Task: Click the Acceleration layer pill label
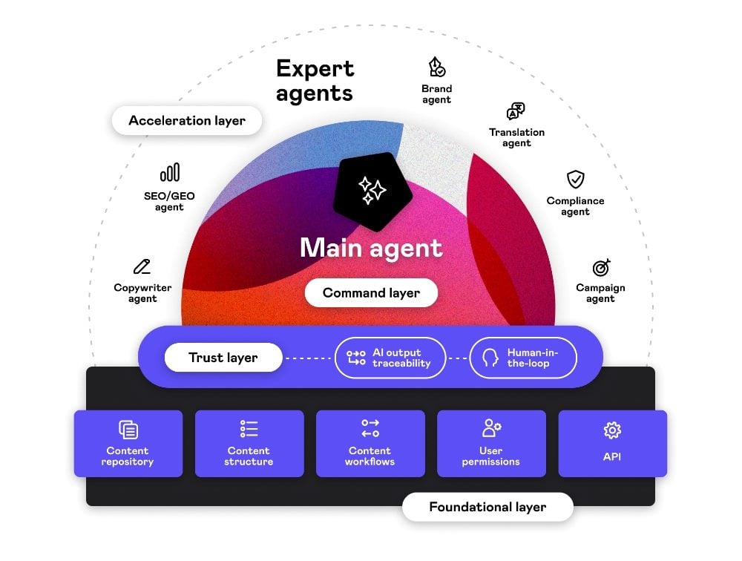pyautogui.click(x=187, y=120)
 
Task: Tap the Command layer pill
pyautogui.click(x=371, y=292)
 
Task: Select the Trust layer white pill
pyautogui.click(x=223, y=358)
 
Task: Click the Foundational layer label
pyautogui.click(x=487, y=508)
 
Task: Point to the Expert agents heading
pyautogui.click(x=315, y=81)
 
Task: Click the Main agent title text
pyautogui.click(x=371, y=248)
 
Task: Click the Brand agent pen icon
pyautogui.click(x=437, y=68)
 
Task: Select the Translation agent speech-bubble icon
pyautogui.click(x=516, y=111)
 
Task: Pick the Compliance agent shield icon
pyautogui.click(x=575, y=179)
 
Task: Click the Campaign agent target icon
pyautogui.click(x=600, y=267)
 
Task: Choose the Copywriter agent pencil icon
pyautogui.click(x=142, y=266)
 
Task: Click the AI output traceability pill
pyautogui.click(x=390, y=358)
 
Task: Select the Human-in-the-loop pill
pyautogui.click(x=524, y=358)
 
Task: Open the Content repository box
pyautogui.click(x=128, y=443)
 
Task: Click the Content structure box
pyautogui.click(x=249, y=443)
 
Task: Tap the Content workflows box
pyautogui.click(x=370, y=443)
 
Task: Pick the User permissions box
pyautogui.click(x=491, y=443)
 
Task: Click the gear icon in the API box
pyautogui.click(x=612, y=430)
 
